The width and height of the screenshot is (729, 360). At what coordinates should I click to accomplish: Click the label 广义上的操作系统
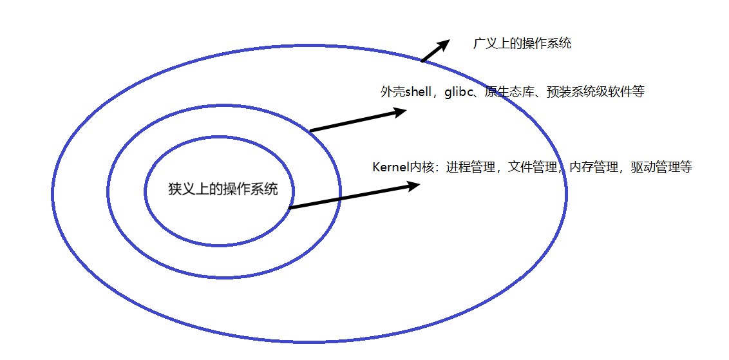point(522,44)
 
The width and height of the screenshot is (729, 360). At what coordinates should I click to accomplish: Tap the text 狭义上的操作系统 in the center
point(222,190)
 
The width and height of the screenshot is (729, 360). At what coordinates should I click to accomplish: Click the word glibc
point(460,92)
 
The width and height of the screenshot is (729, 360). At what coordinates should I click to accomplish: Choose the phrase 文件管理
point(531,167)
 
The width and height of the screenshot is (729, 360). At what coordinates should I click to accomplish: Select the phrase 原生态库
point(507,92)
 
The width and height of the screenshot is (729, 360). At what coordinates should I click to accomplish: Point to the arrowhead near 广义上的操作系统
point(443,44)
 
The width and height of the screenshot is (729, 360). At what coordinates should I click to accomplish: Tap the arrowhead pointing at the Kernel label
point(413,186)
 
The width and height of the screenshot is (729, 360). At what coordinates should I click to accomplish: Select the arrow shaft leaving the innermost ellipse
point(348,197)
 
